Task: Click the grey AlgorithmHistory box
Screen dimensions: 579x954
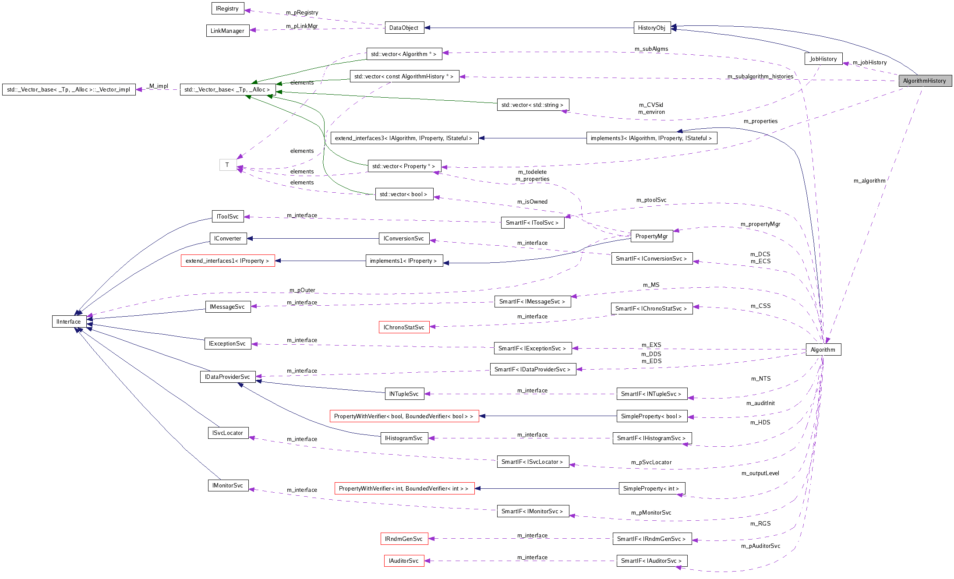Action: (924, 81)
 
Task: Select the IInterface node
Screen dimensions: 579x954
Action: (69, 321)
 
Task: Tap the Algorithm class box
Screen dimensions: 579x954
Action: (823, 350)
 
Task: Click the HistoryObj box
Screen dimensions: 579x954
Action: (652, 28)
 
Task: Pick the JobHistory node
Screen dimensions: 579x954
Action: (823, 59)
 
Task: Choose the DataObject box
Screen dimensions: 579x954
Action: (404, 28)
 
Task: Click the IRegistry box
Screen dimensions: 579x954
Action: (227, 8)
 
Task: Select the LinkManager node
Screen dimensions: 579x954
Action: (227, 31)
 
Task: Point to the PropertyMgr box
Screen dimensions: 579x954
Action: (651, 236)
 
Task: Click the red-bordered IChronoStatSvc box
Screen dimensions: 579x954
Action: (404, 327)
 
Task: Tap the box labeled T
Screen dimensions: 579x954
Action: (227, 165)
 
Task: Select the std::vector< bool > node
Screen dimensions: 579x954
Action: (404, 194)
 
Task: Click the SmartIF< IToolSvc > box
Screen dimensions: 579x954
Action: (532, 222)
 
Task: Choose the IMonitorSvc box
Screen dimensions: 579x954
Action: (228, 485)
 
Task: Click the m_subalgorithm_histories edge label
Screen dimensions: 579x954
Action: (760, 77)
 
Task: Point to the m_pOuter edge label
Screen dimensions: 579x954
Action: (302, 290)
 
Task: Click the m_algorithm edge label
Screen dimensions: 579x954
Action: (869, 180)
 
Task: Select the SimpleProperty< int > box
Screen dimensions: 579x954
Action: (651, 488)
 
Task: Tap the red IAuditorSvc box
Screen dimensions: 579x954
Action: (404, 561)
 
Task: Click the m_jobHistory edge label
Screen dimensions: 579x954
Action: (869, 62)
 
